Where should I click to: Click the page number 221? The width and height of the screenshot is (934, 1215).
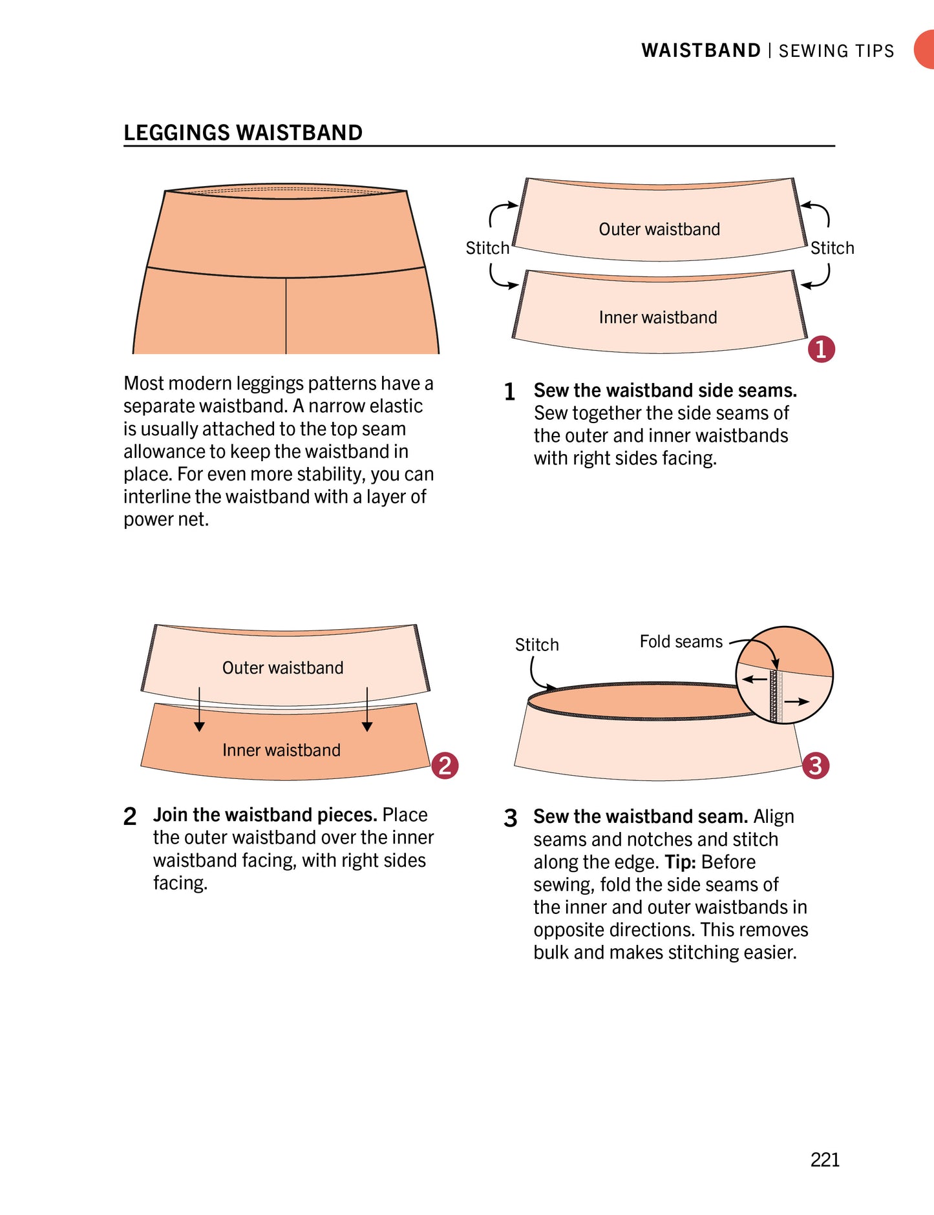(825, 1159)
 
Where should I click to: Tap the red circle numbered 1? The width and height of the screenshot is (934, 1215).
(821, 349)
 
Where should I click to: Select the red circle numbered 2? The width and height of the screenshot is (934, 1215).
(445, 765)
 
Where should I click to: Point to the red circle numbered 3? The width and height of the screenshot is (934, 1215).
(816, 765)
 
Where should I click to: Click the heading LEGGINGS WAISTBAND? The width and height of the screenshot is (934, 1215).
(243, 132)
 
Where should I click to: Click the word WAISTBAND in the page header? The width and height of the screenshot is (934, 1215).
(701, 50)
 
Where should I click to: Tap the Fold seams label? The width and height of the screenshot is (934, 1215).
(681, 641)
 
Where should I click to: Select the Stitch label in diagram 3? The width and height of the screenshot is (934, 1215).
(536, 645)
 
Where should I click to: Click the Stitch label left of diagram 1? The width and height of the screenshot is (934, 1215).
(487, 248)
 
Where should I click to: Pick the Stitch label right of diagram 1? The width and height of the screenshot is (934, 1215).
(832, 248)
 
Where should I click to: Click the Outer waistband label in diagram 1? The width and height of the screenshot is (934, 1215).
(659, 229)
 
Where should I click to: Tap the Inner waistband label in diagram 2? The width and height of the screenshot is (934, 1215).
(281, 750)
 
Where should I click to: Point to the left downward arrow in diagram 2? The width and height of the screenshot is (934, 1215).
(199, 711)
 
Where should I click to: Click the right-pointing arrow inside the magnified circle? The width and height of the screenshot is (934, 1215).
(796, 701)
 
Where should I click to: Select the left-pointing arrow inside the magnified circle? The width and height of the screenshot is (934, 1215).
(754, 680)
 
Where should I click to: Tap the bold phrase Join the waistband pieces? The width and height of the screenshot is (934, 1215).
(265, 815)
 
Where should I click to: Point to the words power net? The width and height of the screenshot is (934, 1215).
(166, 519)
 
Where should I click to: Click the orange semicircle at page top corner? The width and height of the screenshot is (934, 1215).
(925, 50)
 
